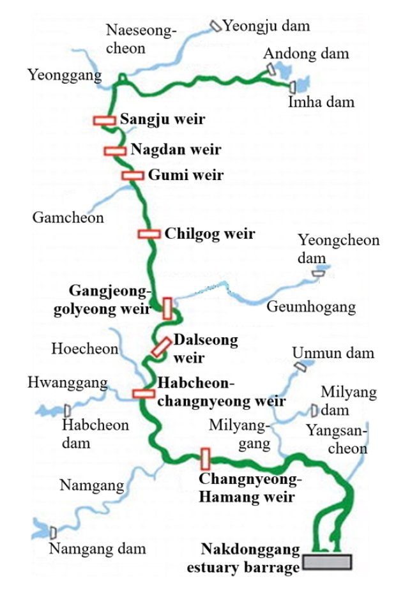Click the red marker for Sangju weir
coord(104,119)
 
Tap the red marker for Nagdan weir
coord(115,151)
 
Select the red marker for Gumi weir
coord(133,175)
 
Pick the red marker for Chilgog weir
coord(149,234)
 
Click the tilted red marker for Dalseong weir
coord(161,346)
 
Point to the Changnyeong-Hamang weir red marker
coord(205,458)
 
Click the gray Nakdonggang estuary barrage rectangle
coord(327,561)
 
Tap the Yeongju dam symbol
coord(216,26)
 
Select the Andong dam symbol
coord(271,67)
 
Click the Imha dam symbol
coord(293,87)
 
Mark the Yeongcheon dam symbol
coord(318,273)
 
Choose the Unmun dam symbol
coord(300,366)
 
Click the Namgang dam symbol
coord(53,532)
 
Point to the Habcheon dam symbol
coord(67,410)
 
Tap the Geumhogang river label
coord(310,307)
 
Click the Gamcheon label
coord(68,218)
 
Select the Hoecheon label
coord(85,349)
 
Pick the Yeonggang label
coord(65,76)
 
